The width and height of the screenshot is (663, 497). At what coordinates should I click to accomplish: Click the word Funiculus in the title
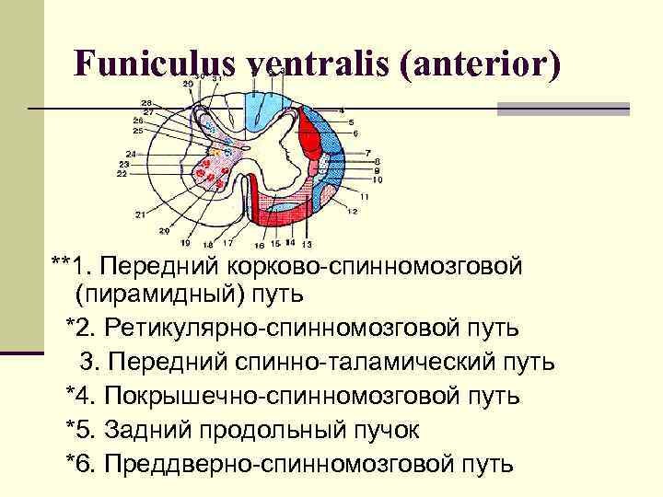(x=157, y=64)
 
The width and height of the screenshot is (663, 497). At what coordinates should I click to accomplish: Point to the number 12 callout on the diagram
(x=352, y=212)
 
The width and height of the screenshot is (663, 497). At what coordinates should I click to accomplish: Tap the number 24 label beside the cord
(x=132, y=153)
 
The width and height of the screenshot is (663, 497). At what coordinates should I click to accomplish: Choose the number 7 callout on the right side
(x=367, y=152)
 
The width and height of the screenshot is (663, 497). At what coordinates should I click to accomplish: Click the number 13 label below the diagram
(x=307, y=244)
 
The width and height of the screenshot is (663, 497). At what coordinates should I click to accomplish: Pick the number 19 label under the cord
(x=185, y=244)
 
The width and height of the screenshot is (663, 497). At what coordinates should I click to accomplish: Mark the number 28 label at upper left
(x=146, y=102)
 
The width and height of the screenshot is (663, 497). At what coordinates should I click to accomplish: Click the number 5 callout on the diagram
(x=351, y=121)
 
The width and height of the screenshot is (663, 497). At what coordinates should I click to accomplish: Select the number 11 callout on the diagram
(x=365, y=196)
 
